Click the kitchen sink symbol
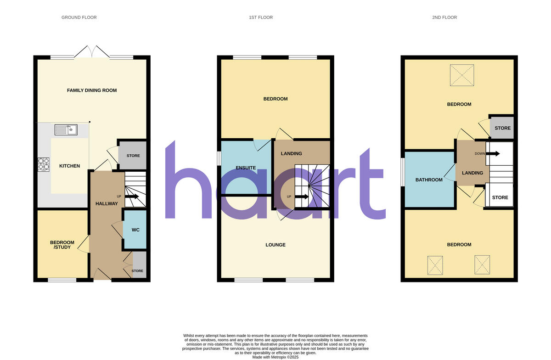pos(66,130)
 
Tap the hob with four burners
pos(44,164)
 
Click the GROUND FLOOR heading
pos(79,17)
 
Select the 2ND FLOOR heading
pos(444,17)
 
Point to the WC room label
pos(135,230)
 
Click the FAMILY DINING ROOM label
pos(92,90)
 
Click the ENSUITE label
pos(246,168)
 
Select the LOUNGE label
pos(275,245)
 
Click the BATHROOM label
pos(429,180)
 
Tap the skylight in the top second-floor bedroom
pos(461,75)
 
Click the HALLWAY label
pos(107,203)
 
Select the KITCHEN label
pos(70,166)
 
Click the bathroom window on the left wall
pos(403,172)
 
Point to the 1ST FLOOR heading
pos(261,17)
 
